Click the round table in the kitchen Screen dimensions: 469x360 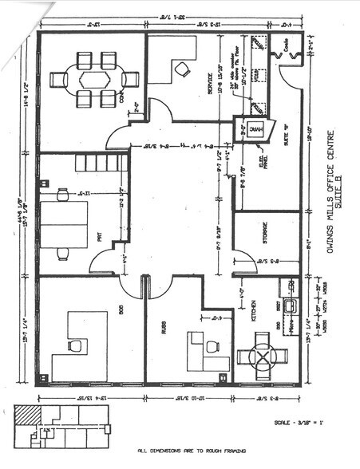pyautogui.click(x=263, y=354)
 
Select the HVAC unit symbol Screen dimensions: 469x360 pyautogui.click(x=255, y=132)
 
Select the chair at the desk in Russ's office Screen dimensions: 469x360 pyautogui.click(x=212, y=346)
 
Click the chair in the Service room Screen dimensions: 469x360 pyautogui.click(x=183, y=69)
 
